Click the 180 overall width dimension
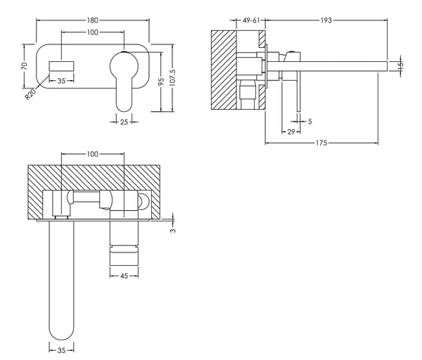[x=92, y=20]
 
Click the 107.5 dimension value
[x=181, y=79]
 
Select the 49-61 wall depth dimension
[x=252, y=21]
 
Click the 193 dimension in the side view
[x=326, y=21]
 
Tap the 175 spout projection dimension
[x=321, y=143]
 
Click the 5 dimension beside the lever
[x=310, y=121]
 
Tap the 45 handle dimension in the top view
[x=124, y=276]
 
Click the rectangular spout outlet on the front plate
[x=61, y=65]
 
